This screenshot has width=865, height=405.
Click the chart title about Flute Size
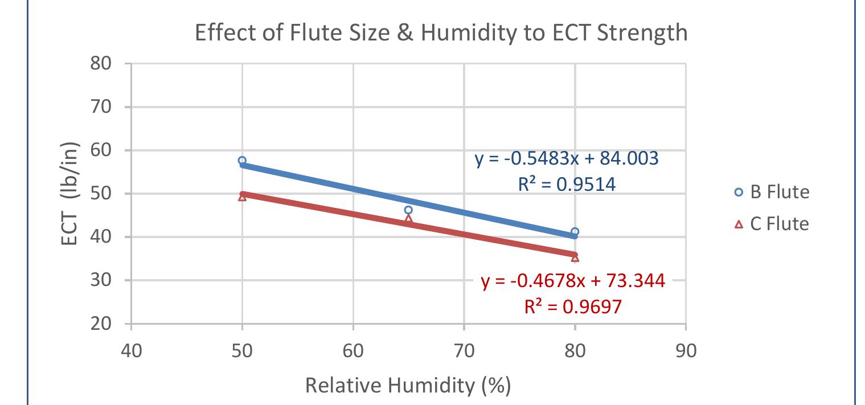point(441,33)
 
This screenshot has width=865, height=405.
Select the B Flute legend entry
point(772,192)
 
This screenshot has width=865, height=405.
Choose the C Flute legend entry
point(772,224)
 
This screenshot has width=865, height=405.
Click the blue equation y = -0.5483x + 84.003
point(567,159)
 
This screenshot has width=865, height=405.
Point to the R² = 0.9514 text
point(567,185)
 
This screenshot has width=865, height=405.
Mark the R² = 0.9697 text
point(573,307)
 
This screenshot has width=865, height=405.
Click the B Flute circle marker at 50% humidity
point(242,161)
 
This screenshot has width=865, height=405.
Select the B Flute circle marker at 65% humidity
point(408,210)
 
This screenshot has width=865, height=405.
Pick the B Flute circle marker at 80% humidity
point(575,232)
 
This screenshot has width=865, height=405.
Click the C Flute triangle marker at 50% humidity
point(242,197)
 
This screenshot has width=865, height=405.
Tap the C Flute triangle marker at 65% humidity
point(408,219)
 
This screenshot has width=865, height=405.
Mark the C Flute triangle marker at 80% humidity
point(575,258)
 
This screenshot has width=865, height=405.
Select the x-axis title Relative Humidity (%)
point(408,386)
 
